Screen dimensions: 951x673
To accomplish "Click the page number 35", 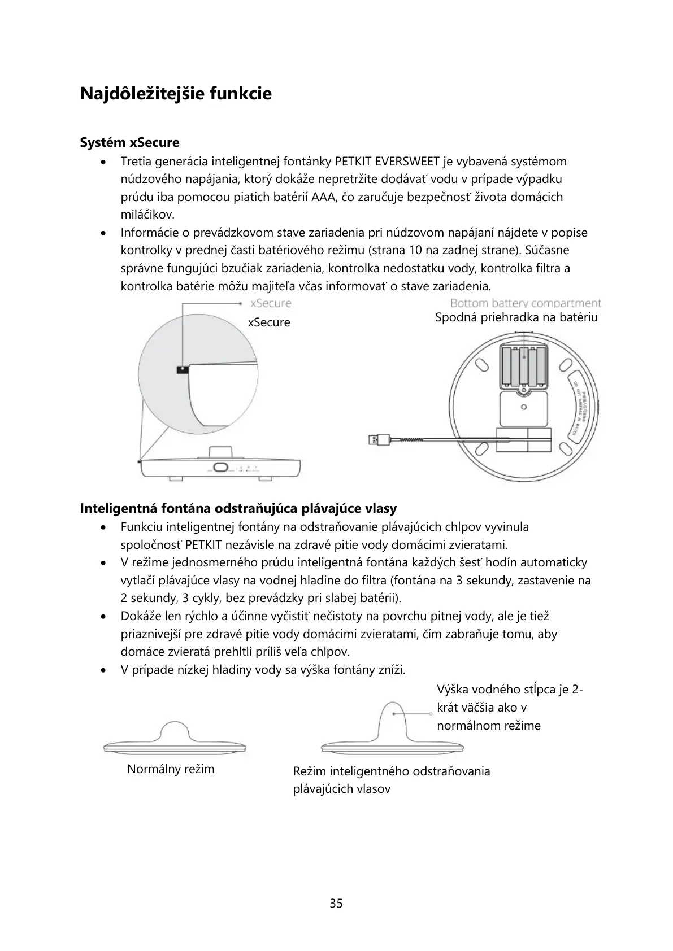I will point(336,904).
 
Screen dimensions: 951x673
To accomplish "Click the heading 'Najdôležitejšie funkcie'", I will point(176,94).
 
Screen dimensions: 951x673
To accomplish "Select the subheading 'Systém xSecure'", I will point(129,142).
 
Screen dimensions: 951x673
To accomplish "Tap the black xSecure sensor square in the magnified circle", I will point(182,370).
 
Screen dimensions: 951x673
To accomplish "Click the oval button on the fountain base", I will point(220,468).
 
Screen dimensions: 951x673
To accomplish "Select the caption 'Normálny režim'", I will point(171,769).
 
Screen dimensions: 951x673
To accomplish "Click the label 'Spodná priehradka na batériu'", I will point(516,317).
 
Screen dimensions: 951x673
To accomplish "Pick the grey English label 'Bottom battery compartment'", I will point(526,304).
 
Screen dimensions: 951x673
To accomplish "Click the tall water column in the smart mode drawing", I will point(392,720).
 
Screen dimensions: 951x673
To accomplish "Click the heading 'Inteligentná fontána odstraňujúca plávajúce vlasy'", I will point(238,508).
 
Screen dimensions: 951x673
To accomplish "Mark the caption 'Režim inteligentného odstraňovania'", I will point(392,771).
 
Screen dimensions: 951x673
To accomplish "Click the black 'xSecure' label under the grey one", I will point(269,322).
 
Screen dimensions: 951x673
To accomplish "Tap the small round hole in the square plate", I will point(524,407).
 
